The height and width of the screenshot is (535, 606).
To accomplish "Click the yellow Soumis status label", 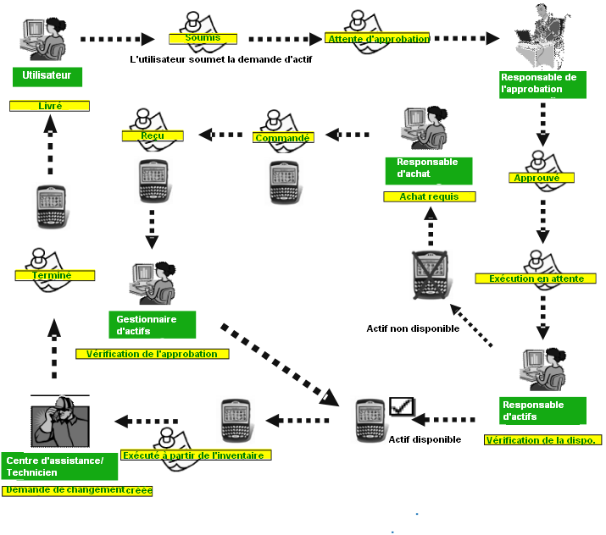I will click(x=203, y=38).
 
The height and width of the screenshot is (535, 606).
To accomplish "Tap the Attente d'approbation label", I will click(x=377, y=38).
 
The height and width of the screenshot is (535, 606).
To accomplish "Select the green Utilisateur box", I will click(x=47, y=77).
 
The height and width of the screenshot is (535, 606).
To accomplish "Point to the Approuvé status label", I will click(x=543, y=178).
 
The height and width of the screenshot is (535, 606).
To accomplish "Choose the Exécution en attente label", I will click(x=542, y=279).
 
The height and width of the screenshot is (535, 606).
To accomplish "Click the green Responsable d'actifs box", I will click(x=542, y=411).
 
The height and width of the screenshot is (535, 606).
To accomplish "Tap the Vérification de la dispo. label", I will click(x=542, y=440).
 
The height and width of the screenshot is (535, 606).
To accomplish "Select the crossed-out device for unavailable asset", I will click(x=431, y=275).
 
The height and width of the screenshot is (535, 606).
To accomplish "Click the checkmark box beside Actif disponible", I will click(x=400, y=406).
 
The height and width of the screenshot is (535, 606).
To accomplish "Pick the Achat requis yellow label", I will click(x=428, y=196).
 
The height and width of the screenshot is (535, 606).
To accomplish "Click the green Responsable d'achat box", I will click(x=428, y=168).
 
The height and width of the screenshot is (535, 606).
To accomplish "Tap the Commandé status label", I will click(x=282, y=138).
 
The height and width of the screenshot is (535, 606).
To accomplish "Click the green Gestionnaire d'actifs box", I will click(x=152, y=324).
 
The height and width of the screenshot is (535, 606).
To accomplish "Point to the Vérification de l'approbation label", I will click(x=153, y=354).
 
